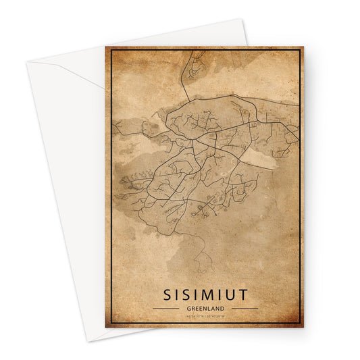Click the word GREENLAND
tap(205, 307)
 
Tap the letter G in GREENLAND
tap(188, 307)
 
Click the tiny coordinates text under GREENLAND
tap(205, 315)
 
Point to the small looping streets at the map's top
tap(196, 67)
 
